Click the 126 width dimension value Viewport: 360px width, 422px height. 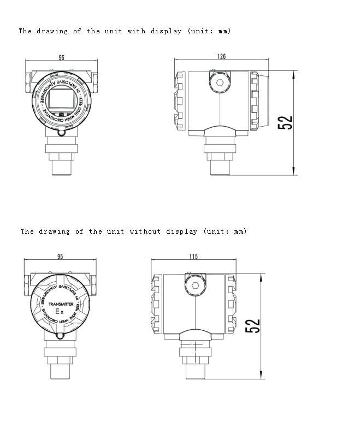pyautogui.click(x=221, y=57)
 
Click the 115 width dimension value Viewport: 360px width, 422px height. pyautogui.click(x=193, y=257)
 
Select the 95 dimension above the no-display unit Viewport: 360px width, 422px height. pyautogui.click(x=60, y=257)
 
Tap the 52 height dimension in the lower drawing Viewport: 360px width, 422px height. pyautogui.click(x=253, y=326)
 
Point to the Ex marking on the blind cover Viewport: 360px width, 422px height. pyautogui.click(x=61, y=312)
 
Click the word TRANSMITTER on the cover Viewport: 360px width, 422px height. pyautogui.click(x=61, y=304)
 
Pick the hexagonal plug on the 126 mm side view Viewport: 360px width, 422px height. pyautogui.click(x=220, y=83)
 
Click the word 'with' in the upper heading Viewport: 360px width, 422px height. pyautogui.click(x=137, y=31)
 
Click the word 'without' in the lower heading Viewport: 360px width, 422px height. pyautogui.click(x=145, y=231)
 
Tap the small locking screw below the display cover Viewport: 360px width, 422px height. pyautogui.click(x=61, y=133)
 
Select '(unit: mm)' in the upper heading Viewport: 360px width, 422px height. pyautogui.click(x=209, y=31)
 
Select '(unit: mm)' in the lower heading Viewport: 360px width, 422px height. pyautogui.click(x=225, y=231)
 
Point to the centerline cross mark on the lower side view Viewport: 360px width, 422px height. pyautogui.click(x=195, y=344)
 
